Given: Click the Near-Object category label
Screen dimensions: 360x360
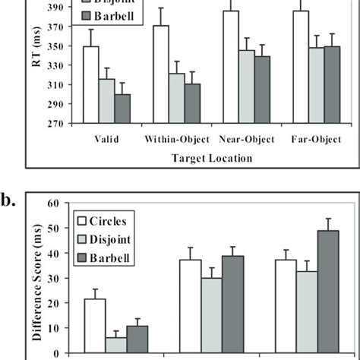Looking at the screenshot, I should [x=246, y=141].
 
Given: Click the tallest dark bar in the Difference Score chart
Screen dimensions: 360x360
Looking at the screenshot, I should [x=328, y=292].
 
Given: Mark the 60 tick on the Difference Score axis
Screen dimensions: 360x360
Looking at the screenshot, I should [x=66, y=204].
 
